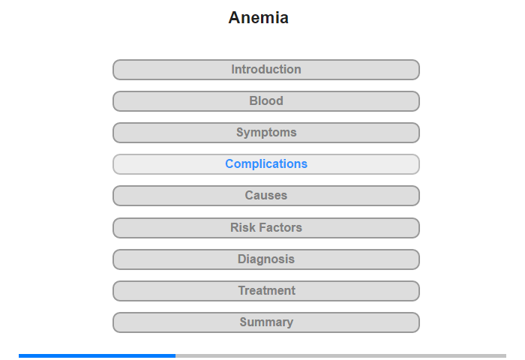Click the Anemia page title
258,18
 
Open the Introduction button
266,70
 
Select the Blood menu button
266,101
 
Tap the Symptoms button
266,133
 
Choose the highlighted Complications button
266,164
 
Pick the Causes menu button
266,196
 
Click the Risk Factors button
266,228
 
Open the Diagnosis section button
266,259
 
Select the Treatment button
266,291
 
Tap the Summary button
266,322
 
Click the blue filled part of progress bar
97,355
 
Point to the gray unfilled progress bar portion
340,355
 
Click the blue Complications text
266,163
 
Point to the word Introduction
266,69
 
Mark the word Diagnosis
266,259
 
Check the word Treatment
266,290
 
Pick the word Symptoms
266,133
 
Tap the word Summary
266,322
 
